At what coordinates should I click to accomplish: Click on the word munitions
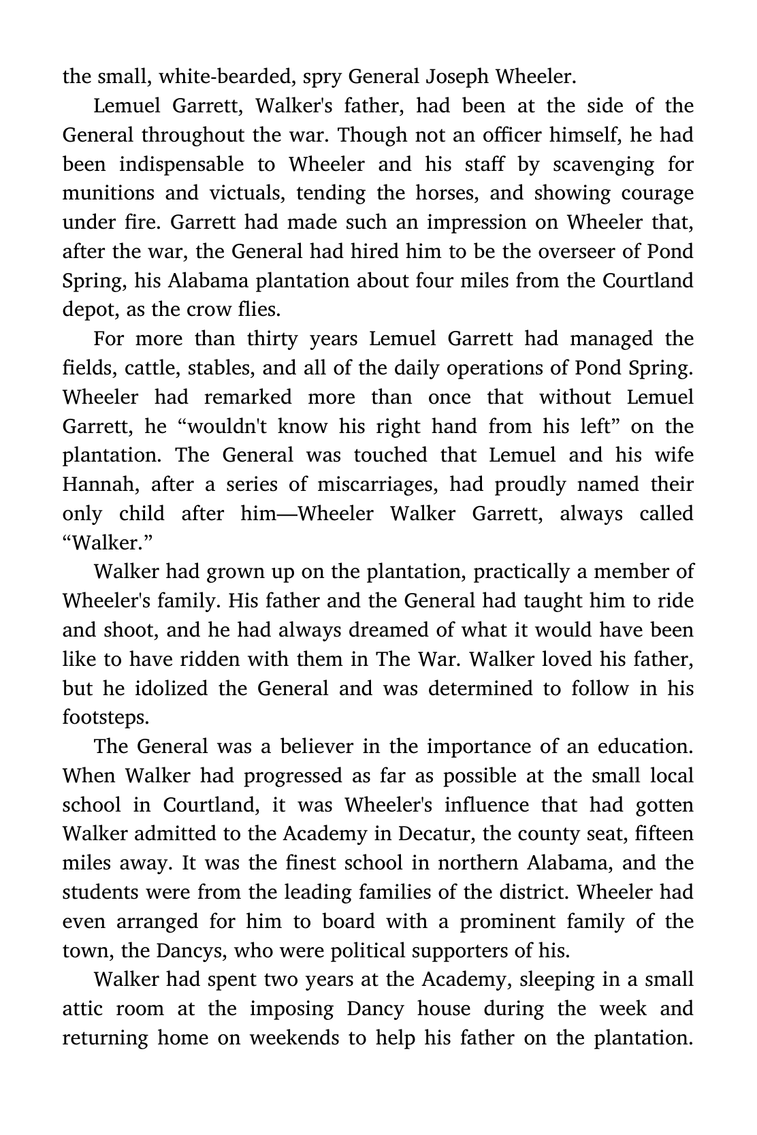pyautogui.click(x=105, y=193)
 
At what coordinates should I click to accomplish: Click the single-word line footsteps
pyautogui.click(x=106, y=718)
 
